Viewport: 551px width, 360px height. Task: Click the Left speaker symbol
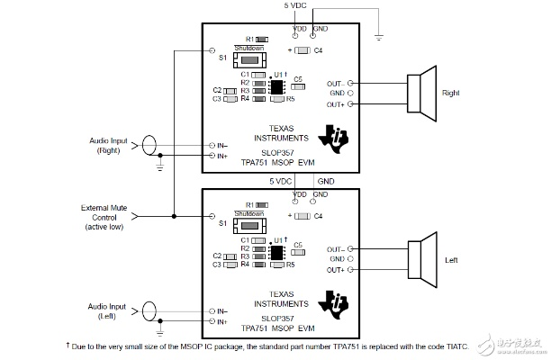click(x=421, y=259)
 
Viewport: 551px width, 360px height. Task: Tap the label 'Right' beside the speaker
click(x=451, y=93)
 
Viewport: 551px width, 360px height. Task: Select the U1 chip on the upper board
click(x=276, y=87)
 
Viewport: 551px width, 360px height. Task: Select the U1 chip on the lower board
click(x=276, y=255)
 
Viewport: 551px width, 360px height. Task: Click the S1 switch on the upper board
click(x=249, y=58)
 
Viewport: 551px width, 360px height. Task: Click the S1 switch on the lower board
click(x=249, y=226)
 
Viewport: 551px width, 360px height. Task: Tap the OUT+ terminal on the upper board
click(x=349, y=104)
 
